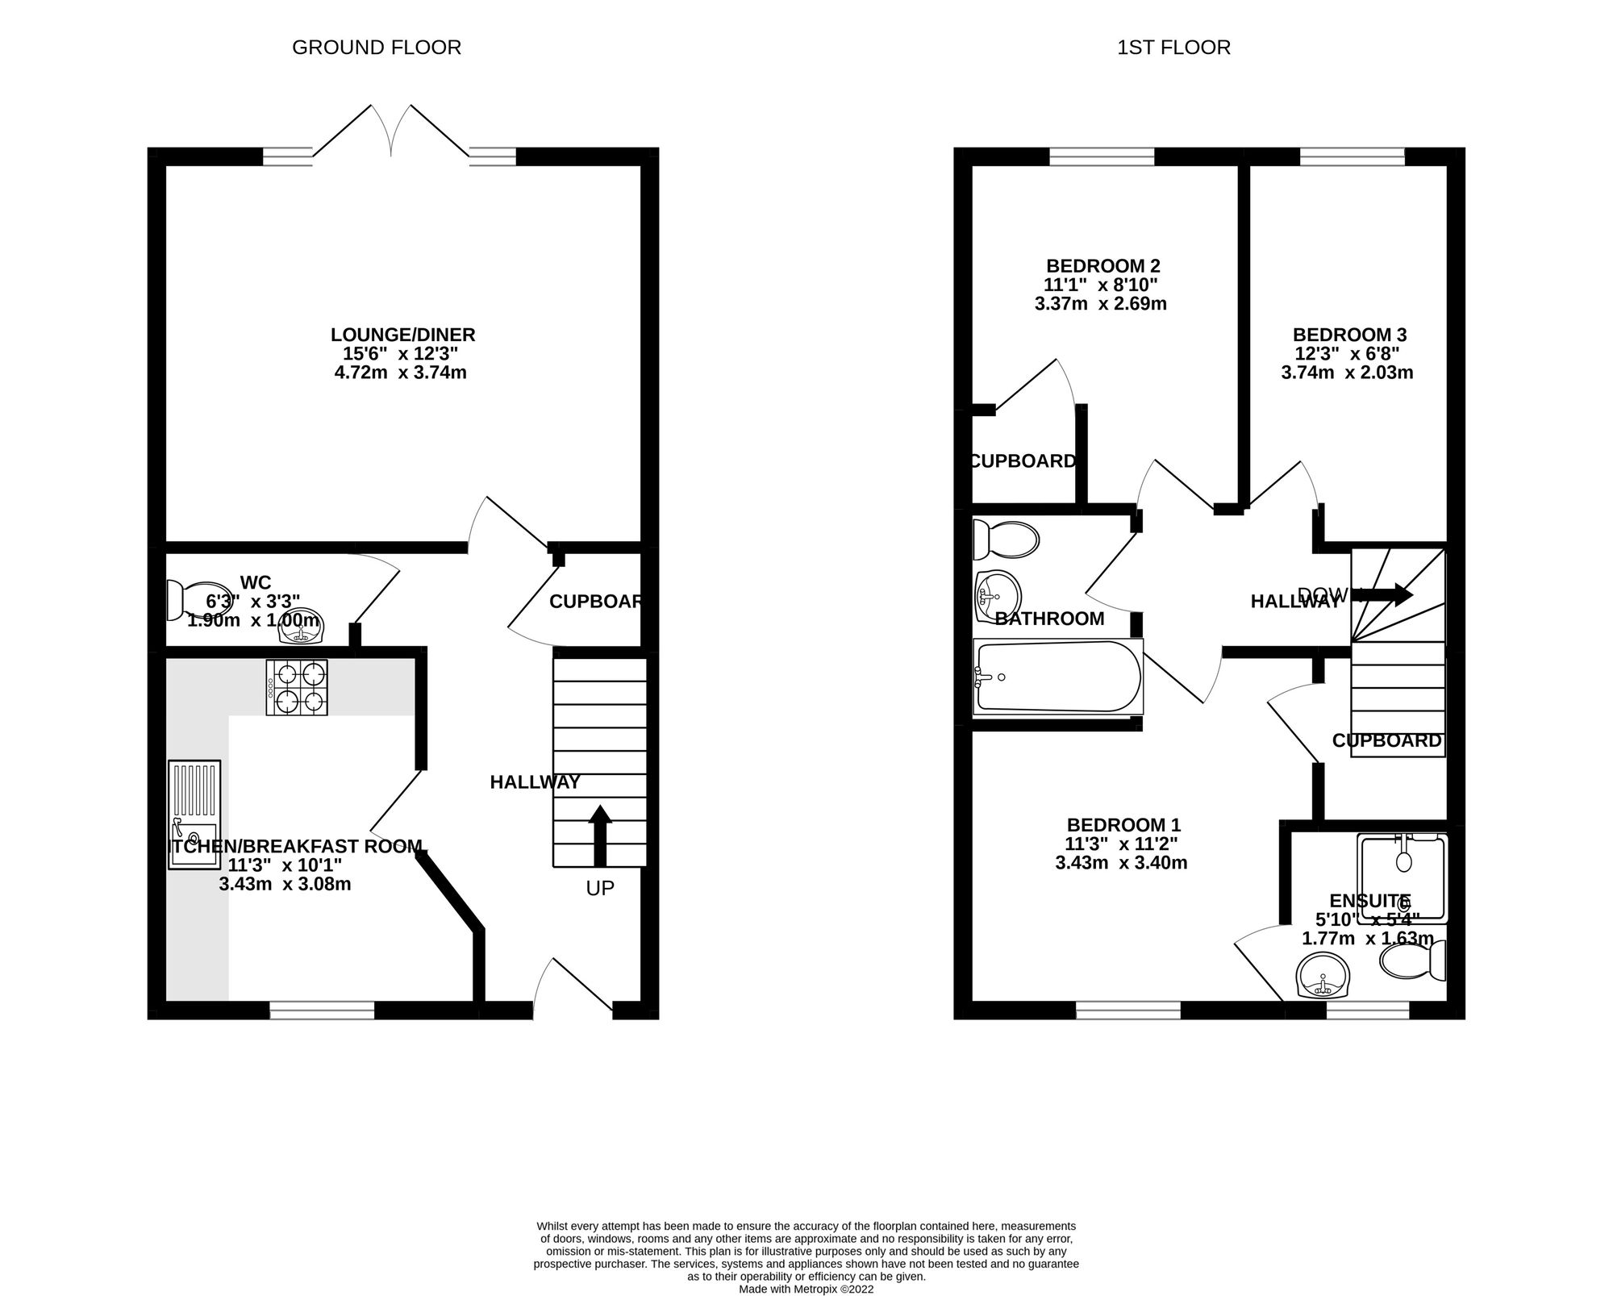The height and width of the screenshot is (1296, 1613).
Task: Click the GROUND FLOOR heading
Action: [x=377, y=48]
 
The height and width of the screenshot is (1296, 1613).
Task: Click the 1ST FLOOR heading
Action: [x=1173, y=48]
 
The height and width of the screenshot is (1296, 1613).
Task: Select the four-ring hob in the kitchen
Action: [x=297, y=687]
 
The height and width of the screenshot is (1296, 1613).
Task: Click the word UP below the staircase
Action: [x=600, y=888]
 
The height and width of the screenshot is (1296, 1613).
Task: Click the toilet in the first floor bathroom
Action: [x=1004, y=540]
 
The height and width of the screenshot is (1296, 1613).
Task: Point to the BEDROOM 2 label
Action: [x=1102, y=265]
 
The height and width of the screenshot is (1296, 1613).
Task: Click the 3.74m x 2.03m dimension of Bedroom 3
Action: [x=1347, y=373]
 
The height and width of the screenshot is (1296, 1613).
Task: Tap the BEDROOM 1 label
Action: [x=1123, y=825]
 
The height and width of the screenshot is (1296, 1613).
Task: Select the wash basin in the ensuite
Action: [x=1322, y=976]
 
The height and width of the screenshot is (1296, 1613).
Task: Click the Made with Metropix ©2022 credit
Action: [x=806, y=1290]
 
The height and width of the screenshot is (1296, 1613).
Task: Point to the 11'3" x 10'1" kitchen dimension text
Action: [x=285, y=865]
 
